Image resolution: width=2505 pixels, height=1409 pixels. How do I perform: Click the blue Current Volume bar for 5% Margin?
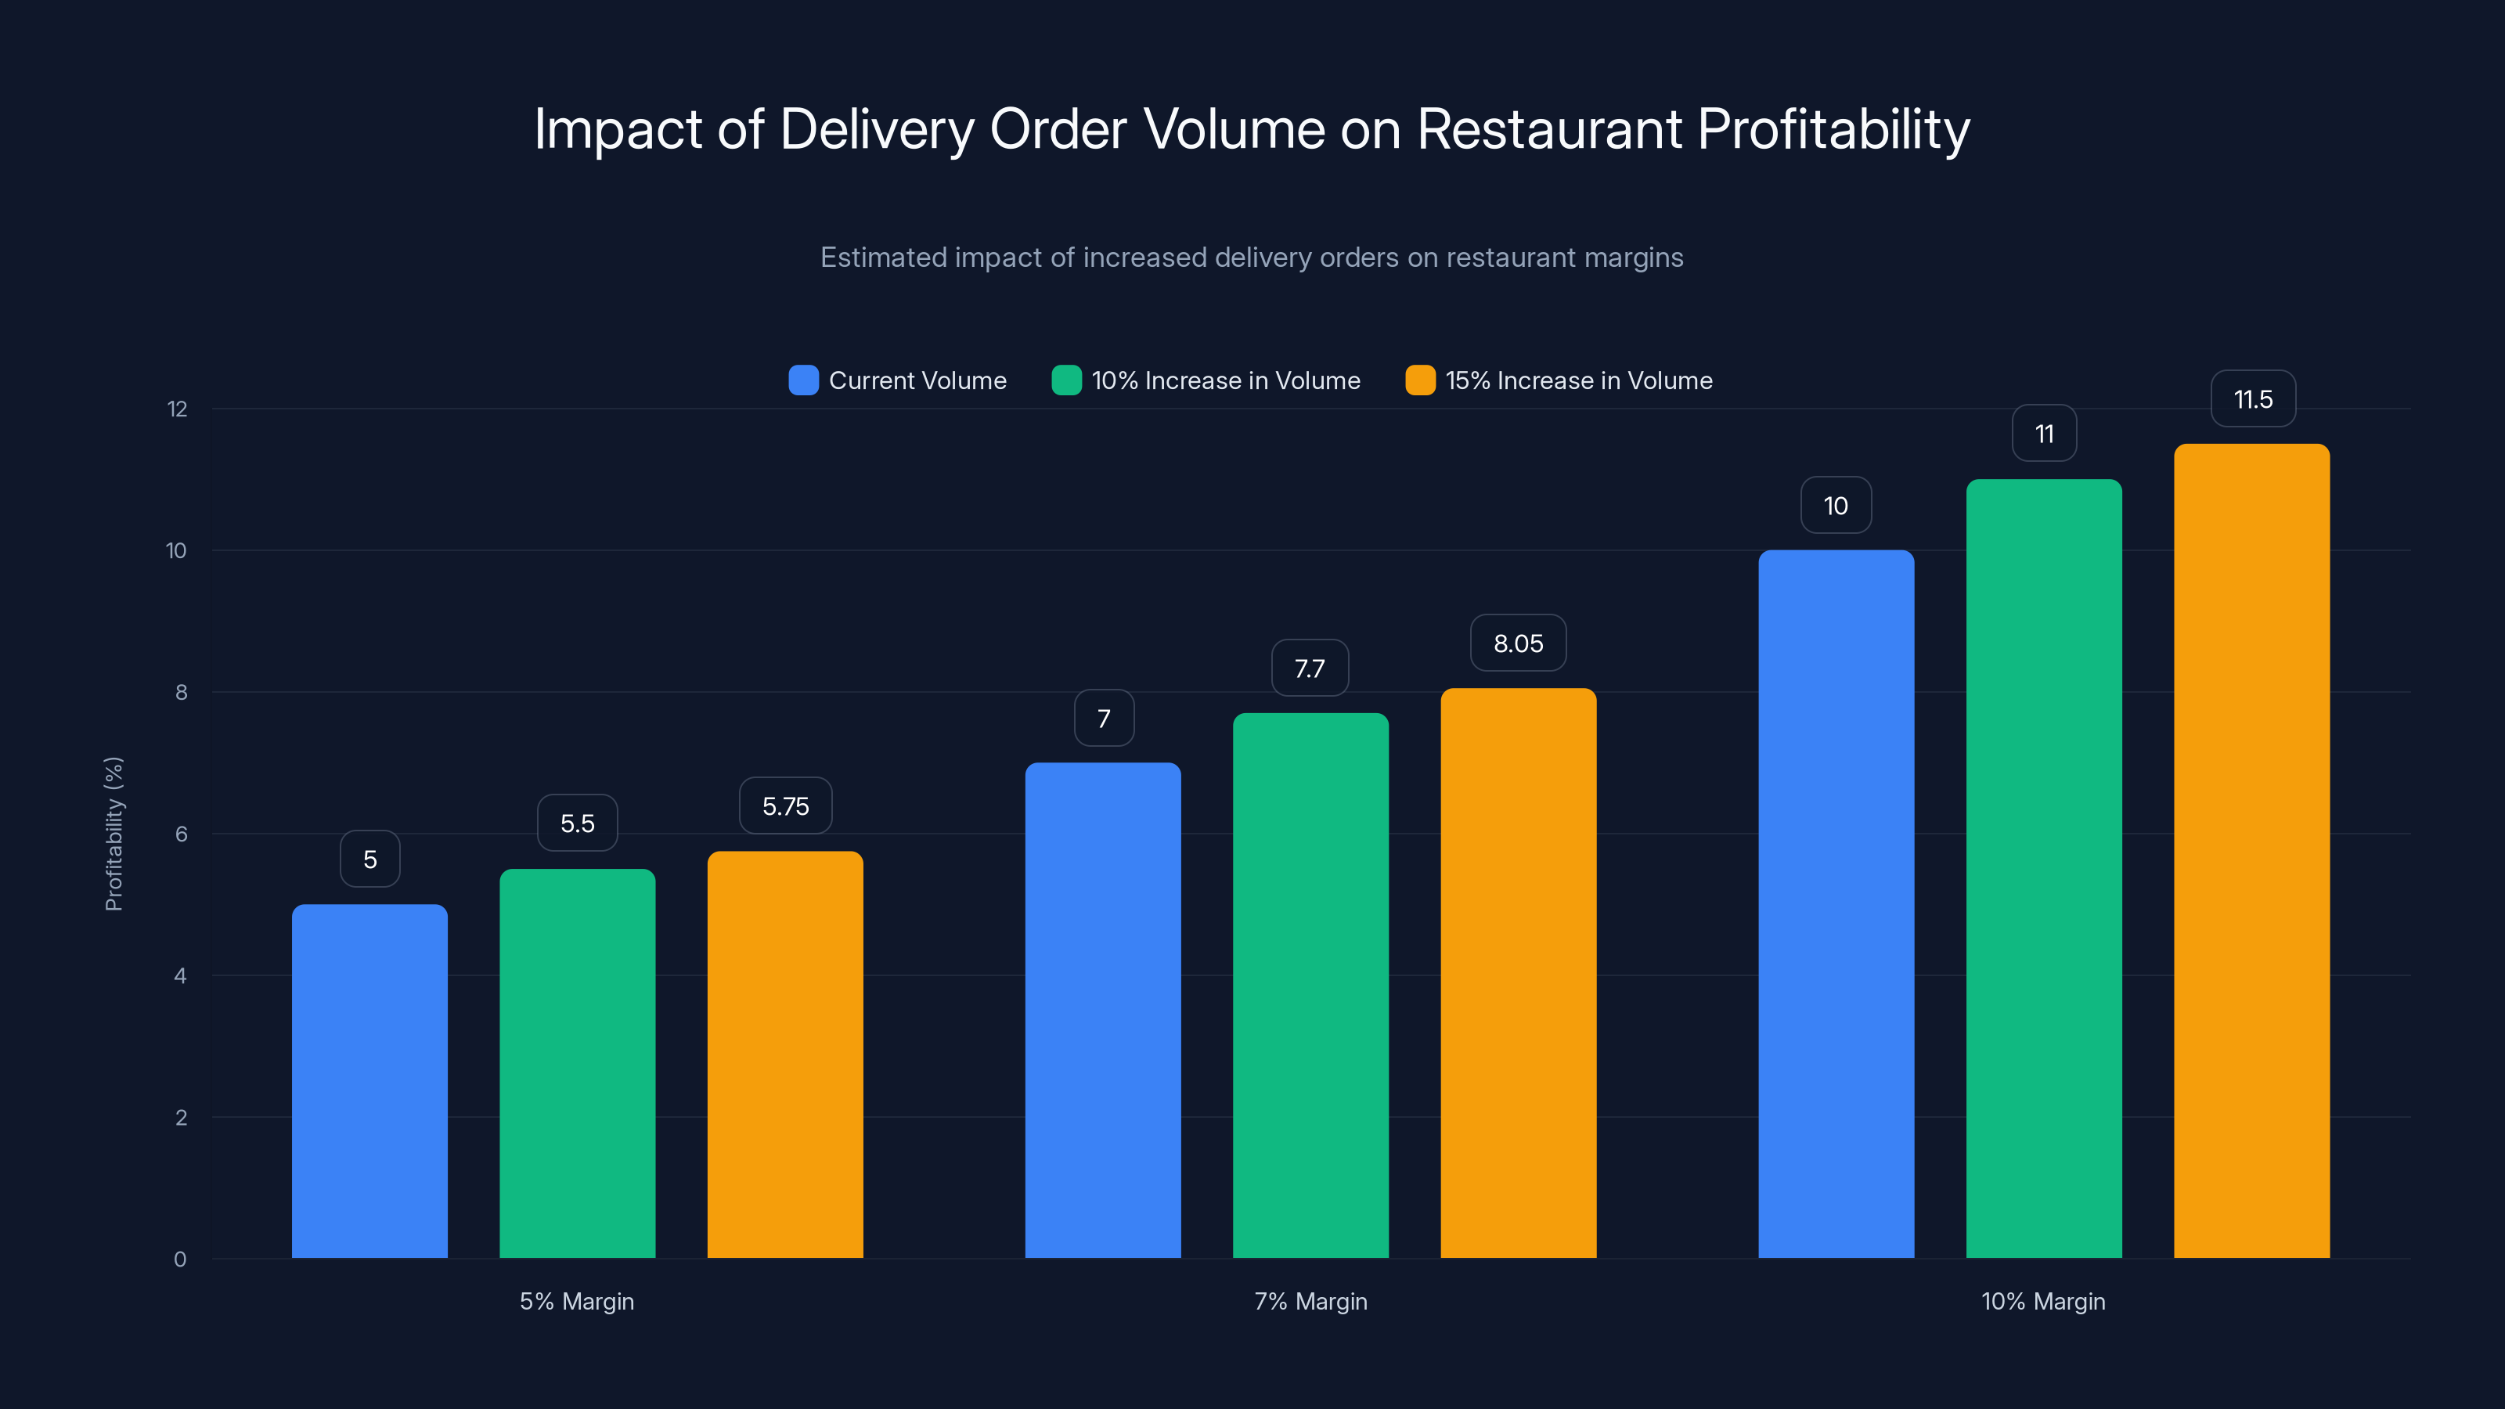coord(369,1080)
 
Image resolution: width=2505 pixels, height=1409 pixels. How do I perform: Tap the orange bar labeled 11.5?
coord(2251,851)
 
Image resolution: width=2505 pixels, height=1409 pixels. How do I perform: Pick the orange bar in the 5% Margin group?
coord(784,1054)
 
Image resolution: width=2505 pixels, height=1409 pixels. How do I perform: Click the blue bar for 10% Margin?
coord(1836,903)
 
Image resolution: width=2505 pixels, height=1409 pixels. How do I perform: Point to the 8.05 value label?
coord(1518,643)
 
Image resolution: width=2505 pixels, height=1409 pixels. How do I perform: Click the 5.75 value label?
coord(784,806)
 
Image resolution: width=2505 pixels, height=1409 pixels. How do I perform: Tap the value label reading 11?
coord(2044,434)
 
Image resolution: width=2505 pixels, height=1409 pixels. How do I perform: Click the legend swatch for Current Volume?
coord(803,380)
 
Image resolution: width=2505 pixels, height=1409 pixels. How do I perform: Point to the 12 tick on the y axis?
coord(177,409)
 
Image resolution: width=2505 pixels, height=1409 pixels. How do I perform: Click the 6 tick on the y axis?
coord(181,834)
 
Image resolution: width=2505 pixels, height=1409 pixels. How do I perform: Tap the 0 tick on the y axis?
coord(180,1259)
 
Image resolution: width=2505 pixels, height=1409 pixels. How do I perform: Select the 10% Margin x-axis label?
coord(2043,1301)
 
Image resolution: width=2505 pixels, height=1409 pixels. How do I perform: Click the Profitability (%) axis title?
coord(114,834)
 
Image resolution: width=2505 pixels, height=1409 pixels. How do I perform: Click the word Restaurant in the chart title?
coord(1549,129)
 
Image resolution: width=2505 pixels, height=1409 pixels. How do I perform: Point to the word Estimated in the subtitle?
coord(883,258)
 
